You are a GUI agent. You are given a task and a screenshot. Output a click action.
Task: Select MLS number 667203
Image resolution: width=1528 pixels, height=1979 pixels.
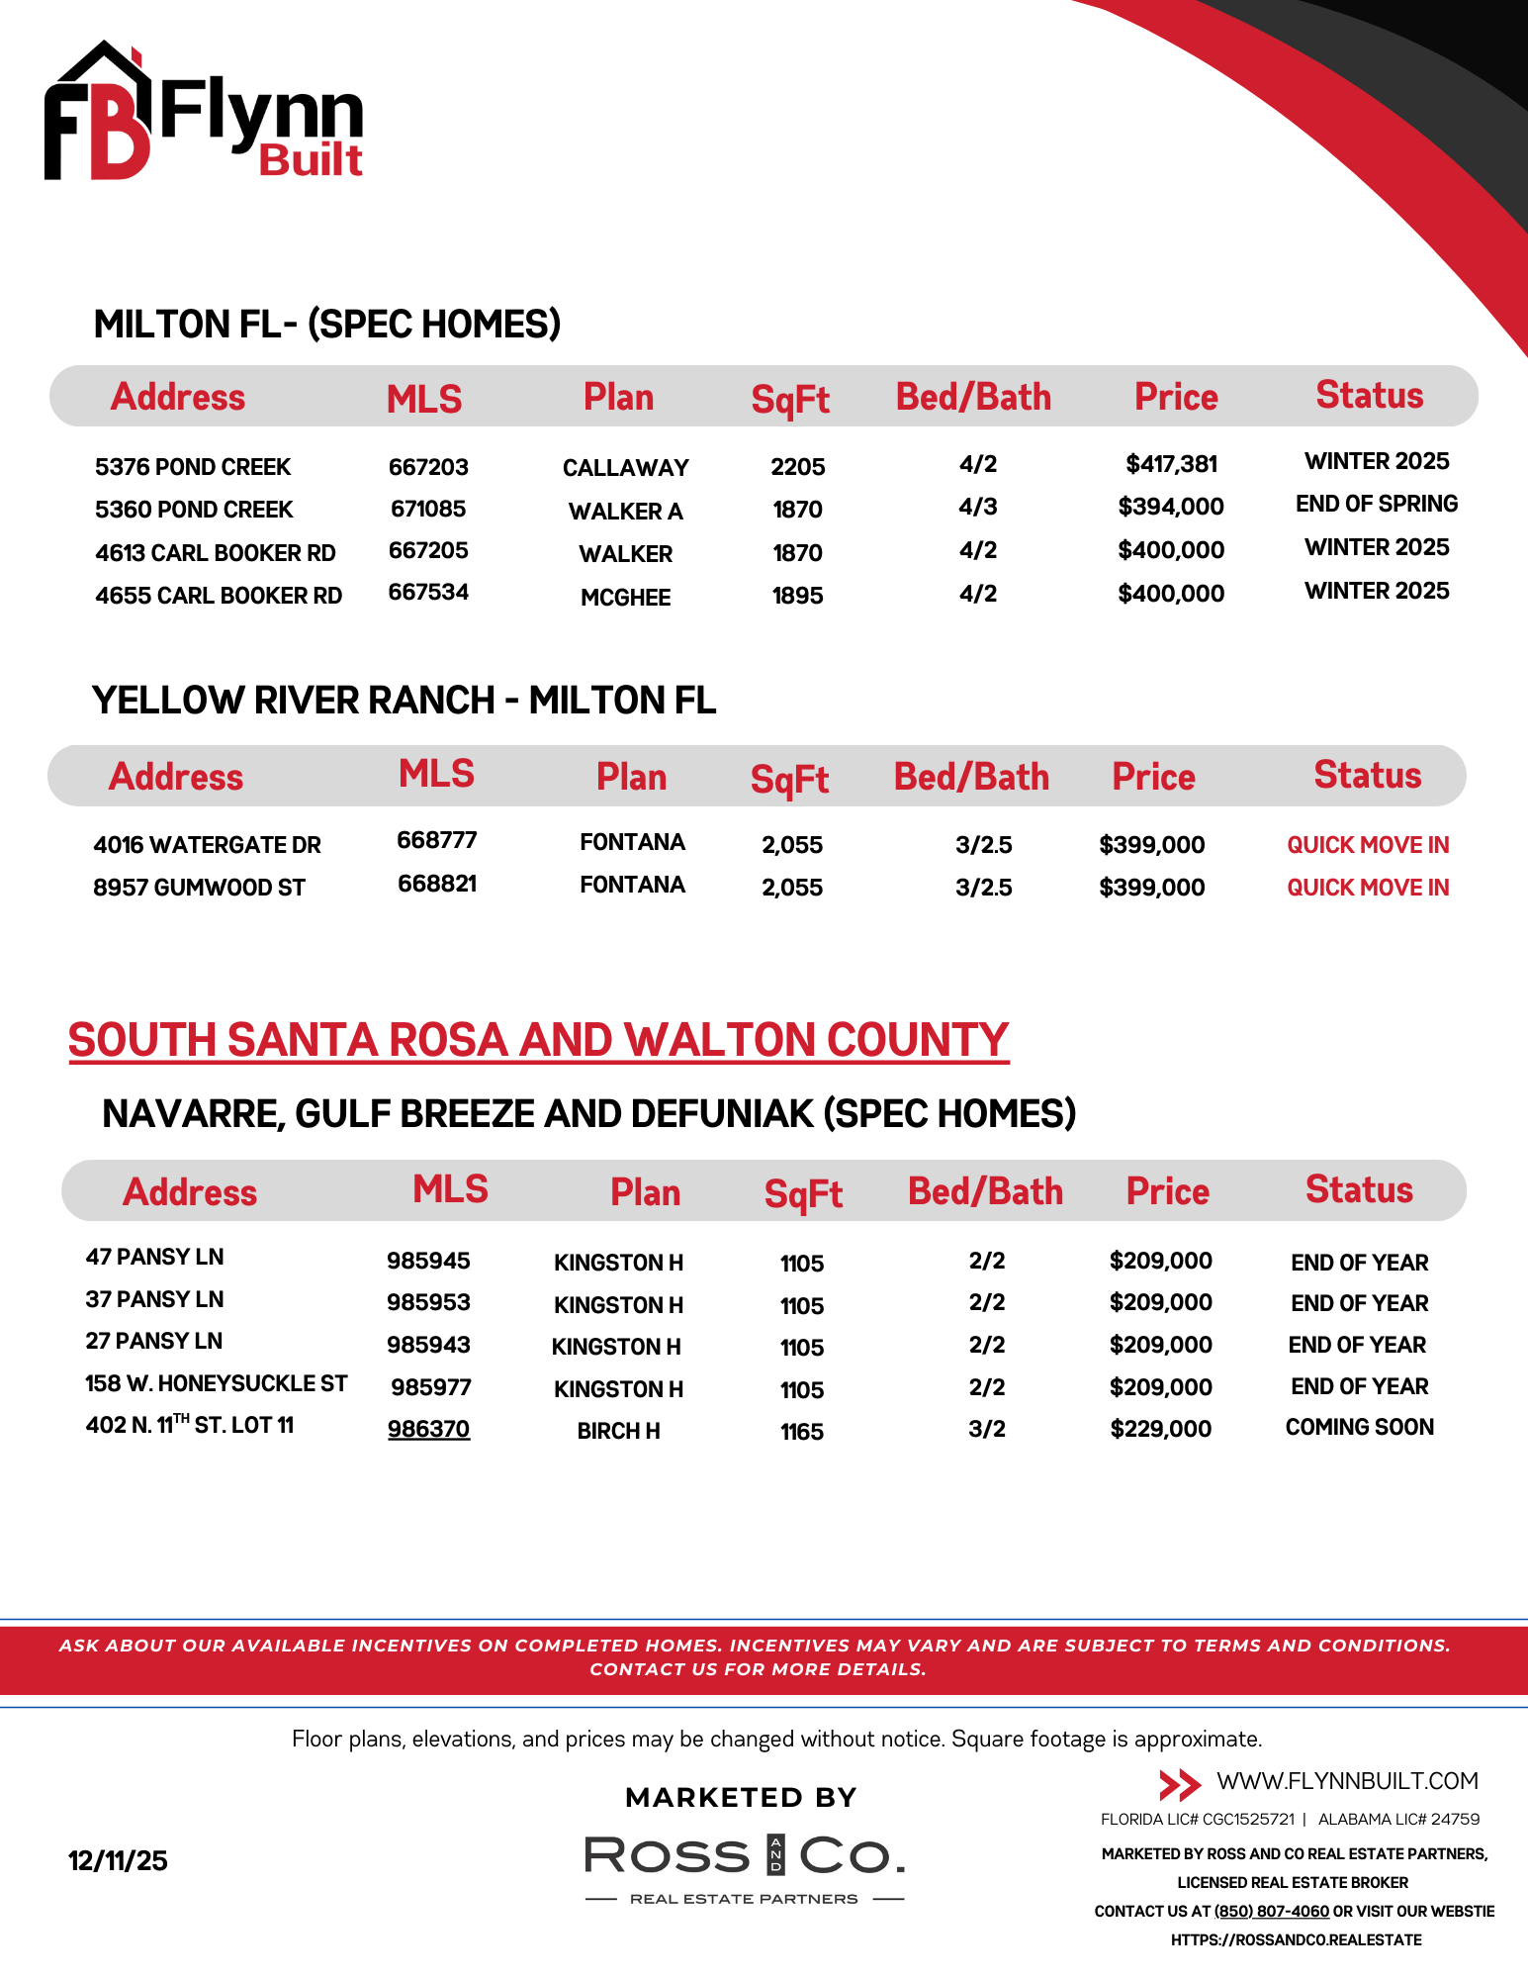coord(428,467)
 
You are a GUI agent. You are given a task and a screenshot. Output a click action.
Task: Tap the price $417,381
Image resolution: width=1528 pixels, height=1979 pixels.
coord(1171,464)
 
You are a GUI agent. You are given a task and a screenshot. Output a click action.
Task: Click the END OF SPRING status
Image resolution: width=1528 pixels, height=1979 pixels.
coord(1377,505)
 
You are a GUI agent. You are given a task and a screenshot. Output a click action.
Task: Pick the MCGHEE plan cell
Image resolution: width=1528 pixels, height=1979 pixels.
coord(625,598)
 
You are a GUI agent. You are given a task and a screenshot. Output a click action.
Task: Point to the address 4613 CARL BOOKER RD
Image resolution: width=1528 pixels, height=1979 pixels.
coord(216,553)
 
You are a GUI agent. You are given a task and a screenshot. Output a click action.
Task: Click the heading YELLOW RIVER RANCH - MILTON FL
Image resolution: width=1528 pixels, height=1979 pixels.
coord(404,701)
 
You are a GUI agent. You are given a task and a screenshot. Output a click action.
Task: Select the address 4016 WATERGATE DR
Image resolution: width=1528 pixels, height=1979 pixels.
coord(207,845)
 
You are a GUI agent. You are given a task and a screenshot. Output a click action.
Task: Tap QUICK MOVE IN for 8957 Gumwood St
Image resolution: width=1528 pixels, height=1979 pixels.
coord(1368,888)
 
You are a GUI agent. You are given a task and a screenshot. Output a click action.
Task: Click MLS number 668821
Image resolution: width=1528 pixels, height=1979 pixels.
coord(437,884)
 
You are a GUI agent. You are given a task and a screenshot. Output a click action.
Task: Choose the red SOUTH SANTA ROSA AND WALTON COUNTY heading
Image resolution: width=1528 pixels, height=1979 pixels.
coord(538,1040)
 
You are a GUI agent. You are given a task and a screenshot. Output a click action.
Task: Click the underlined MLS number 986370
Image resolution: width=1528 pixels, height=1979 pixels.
coord(428,1429)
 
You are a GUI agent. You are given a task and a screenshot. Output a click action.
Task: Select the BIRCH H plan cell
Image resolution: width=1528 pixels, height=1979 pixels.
coord(618,1431)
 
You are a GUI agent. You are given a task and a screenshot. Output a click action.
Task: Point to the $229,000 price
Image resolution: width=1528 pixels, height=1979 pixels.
coord(1160,1429)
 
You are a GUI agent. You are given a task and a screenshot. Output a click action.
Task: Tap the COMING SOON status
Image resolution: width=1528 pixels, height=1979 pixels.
coord(1359,1427)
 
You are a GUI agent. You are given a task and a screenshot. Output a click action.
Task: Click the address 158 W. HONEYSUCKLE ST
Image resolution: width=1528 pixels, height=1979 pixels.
coord(216,1383)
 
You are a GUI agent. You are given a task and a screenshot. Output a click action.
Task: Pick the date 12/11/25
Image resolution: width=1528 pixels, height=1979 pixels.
coord(118,1861)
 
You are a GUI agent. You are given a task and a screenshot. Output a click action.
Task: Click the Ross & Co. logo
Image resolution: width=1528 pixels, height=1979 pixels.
coord(744,1865)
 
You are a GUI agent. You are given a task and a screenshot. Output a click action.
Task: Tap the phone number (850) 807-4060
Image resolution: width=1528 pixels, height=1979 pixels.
coord(1271,1912)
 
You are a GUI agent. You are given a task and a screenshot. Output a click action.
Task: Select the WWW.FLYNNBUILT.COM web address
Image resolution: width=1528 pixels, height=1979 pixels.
coord(1347,1781)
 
